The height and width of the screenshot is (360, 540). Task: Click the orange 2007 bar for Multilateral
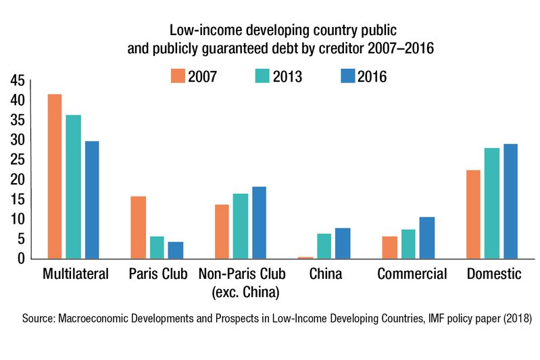tap(55, 176)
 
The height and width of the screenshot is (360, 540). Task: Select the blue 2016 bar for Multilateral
tap(91, 200)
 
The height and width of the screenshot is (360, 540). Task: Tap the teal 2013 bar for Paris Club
tap(157, 247)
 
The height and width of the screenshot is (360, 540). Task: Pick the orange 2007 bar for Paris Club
tap(139, 227)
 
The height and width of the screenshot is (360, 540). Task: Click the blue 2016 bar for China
tap(343, 243)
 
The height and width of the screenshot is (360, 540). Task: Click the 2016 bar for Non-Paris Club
tap(260, 222)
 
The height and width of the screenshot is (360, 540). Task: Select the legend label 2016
tap(372, 77)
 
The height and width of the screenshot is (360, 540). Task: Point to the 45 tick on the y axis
tap(16, 81)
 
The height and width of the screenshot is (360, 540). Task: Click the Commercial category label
tap(412, 274)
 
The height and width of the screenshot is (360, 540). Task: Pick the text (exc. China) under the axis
tap(241, 292)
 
